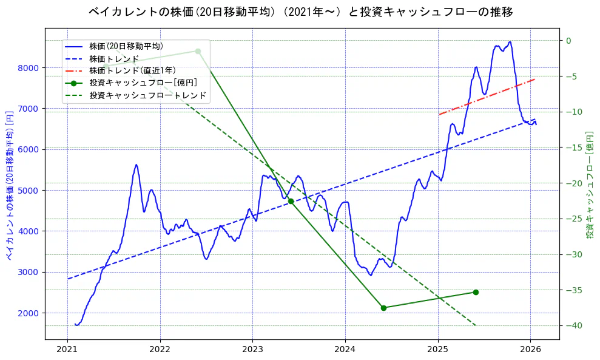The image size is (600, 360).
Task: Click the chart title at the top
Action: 300,12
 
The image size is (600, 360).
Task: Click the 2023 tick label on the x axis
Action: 252,349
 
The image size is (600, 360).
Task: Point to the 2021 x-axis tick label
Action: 67,349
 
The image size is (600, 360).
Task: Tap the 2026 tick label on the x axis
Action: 531,349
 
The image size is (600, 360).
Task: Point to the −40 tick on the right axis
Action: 573,326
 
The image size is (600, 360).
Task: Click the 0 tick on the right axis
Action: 569,41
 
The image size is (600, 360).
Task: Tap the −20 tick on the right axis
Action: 573,183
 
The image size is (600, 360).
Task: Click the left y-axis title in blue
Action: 10,185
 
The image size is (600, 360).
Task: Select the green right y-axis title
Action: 589,185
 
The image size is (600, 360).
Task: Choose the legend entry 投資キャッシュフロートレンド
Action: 147,95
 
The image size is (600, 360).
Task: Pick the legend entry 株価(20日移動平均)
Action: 126,46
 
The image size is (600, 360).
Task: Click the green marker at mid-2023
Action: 291,201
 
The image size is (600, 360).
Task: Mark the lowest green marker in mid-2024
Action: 383,308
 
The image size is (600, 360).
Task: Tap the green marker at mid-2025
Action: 476,292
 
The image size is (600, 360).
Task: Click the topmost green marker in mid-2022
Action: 198,51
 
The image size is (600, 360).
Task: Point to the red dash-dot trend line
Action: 485,97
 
